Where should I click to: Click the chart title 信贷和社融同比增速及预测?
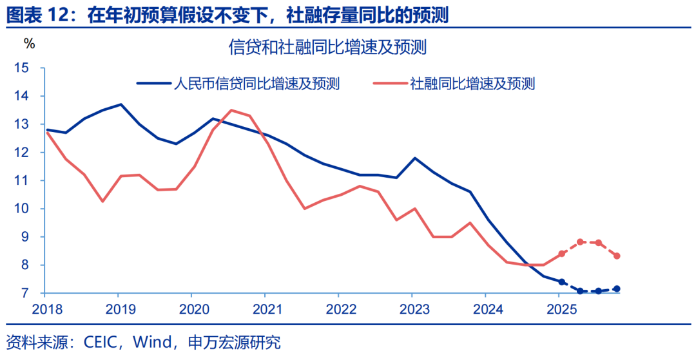328,47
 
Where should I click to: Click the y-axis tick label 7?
25,293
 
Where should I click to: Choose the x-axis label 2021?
265,308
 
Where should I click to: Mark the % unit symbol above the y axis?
30,43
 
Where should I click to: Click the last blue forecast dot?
617,289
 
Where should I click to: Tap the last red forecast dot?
617,256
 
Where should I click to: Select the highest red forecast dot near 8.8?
580,242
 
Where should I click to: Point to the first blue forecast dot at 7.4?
562,282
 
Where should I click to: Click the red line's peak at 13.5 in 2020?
231,110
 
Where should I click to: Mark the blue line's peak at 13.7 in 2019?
121,104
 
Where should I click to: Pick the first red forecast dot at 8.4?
562,254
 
